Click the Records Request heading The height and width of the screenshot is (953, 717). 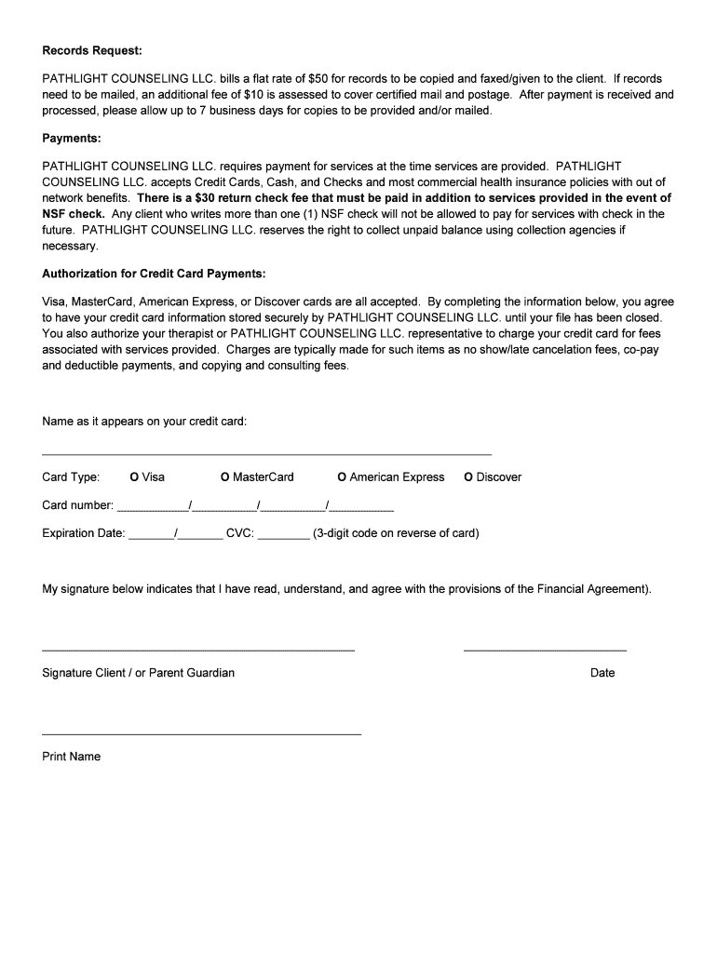coord(91,50)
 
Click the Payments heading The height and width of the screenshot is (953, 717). coord(71,139)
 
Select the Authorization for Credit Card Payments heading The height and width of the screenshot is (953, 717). coord(154,274)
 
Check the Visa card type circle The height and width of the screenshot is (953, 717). coord(134,477)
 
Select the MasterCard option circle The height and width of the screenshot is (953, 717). coord(224,477)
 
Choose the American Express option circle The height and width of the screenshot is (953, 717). coord(342,477)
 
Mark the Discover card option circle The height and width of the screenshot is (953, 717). coord(468,477)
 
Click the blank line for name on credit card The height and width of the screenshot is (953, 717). coord(266,452)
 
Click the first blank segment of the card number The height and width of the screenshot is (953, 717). coord(152,510)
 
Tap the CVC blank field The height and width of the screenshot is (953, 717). coord(283,538)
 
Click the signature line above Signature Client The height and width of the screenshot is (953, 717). coord(198,649)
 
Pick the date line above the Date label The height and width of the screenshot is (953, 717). coord(545,649)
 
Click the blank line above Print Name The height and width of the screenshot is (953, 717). coord(201,733)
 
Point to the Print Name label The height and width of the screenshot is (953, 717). coord(71,757)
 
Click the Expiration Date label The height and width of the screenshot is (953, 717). coord(83,534)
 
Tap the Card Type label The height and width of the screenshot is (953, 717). coord(71,477)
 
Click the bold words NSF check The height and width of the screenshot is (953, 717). coord(73,214)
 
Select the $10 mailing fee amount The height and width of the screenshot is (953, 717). coord(253,95)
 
